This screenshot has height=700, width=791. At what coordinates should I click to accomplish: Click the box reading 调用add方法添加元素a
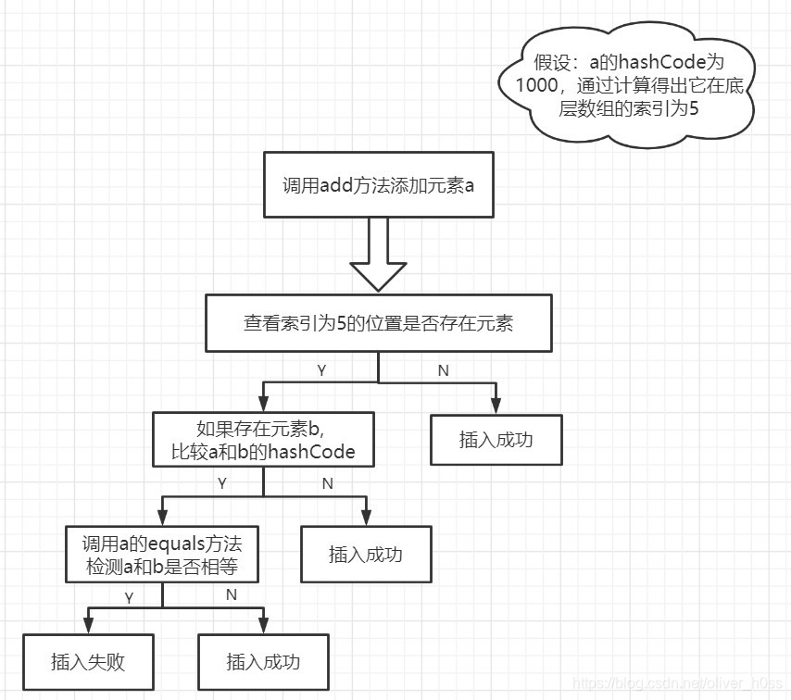click(x=378, y=184)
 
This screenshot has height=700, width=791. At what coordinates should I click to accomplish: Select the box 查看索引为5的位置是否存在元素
click(x=378, y=323)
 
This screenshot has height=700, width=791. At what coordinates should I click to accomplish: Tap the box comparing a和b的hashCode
click(x=263, y=440)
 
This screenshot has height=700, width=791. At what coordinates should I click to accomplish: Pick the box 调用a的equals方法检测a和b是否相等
click(x=162, y=555)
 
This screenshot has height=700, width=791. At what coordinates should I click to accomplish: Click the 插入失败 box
click(x=87, y=662)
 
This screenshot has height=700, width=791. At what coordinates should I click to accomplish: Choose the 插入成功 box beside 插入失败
click(x=263, y=662)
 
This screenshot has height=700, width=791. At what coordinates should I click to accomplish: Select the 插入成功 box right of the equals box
click(x=366, y=555)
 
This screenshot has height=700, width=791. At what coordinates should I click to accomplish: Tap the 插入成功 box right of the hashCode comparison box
click(x=496, y=440)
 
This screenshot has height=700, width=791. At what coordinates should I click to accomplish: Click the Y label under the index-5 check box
click(x=321, y=369)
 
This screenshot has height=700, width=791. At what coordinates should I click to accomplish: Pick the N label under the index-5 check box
click(x=442, y=369)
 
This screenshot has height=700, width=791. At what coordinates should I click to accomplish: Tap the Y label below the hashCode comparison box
click(x=221, y=483)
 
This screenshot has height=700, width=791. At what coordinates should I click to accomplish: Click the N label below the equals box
click(x=232, y=594)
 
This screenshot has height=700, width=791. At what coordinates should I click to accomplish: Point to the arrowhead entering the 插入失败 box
click(x=87, y=627)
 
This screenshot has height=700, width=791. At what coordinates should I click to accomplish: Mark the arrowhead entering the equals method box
click(x=162, y=519)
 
